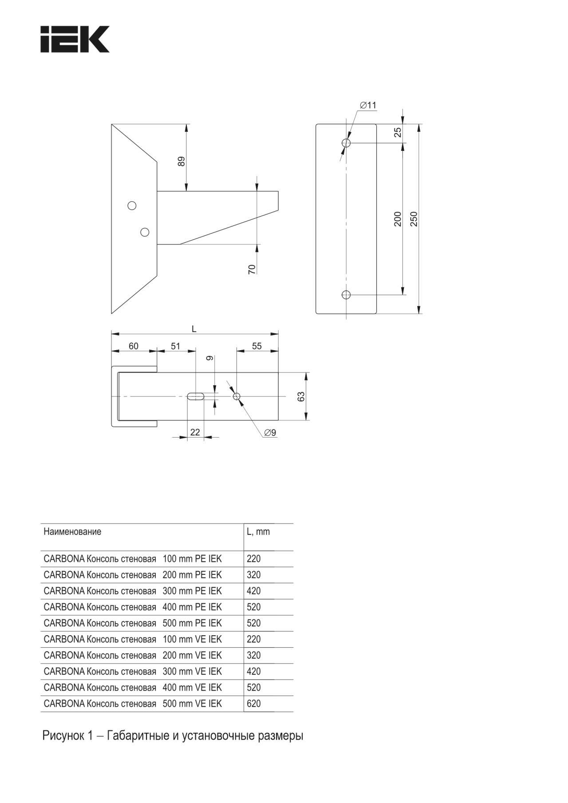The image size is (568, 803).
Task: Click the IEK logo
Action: click(x=75, y=39)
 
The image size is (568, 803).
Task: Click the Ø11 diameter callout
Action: click(x=368, y=105)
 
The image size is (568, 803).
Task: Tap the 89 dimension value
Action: click(x=181, y=161)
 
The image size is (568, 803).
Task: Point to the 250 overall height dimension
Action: click(x=414, y=219)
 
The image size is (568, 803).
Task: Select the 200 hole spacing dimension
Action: click(x=398, y=219)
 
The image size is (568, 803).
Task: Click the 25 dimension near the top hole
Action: click(x=398, y=132)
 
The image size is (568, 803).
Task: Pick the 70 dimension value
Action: click(x=252, y=269)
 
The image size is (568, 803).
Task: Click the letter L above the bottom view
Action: click(x=194, y=329)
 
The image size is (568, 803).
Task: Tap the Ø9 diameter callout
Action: click(x=270, y=432)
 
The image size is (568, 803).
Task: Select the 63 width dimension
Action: click(x=301, y=396)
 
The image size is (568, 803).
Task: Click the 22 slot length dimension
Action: click(x=195, y=432)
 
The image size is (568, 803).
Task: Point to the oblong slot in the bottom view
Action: click(x=195, y=396)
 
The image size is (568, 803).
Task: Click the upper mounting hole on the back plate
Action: click(x=346, y=143)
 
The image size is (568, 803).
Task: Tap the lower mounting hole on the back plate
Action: click(x=346, y=294)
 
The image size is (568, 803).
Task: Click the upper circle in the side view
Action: click(x=132, y=206)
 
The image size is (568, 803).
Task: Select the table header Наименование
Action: click(x=72, y=532)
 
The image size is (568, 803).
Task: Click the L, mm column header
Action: click(x=258, y=532)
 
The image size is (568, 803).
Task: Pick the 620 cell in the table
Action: click(x=254, y=704)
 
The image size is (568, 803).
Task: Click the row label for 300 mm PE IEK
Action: click(x=132, y=591)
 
